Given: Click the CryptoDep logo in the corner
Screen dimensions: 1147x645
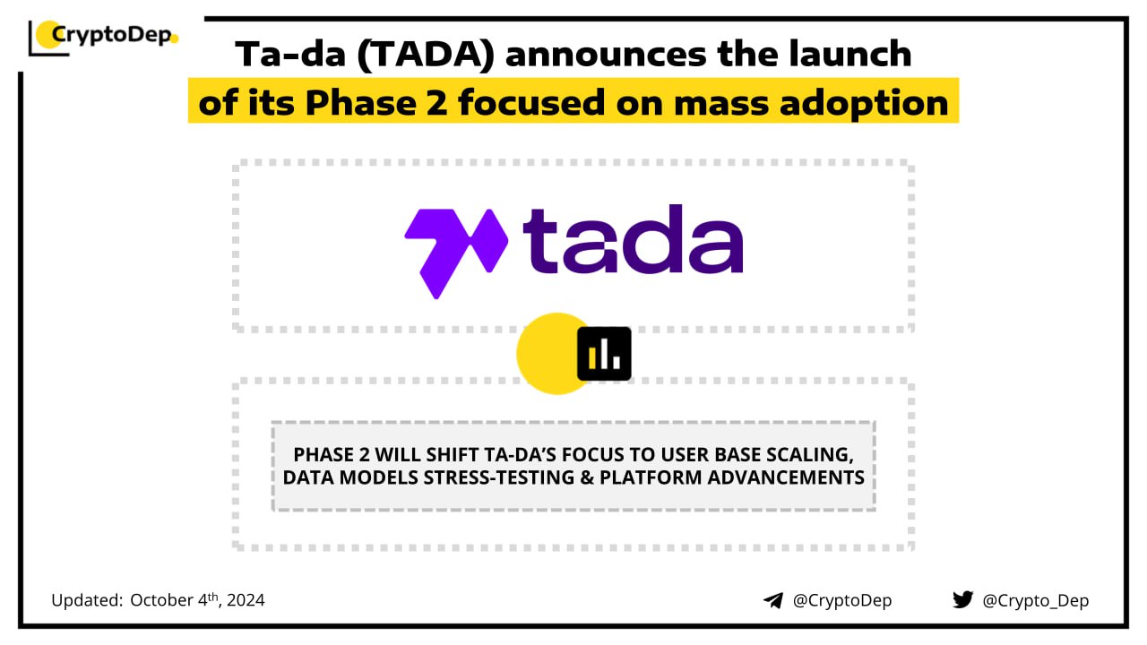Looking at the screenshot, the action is [x=103, y=37].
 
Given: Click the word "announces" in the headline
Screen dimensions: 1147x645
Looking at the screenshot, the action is [x=606, y=55].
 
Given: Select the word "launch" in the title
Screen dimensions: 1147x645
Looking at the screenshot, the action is [x=850, y=53].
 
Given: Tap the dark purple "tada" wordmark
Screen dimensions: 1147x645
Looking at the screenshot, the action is [x=633, y=239].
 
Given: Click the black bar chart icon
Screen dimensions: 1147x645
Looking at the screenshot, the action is [x=604, y=354].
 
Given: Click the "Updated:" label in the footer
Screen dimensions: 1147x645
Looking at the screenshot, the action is [x=87, y=600].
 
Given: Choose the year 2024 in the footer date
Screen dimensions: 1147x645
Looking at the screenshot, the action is [x=246, y=600].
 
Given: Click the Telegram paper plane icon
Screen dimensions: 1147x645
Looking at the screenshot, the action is [x=773, y=600].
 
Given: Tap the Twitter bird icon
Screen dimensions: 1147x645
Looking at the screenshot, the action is [x=962, y=599].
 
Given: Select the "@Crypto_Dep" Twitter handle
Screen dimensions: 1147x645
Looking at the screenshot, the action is [x=1035, y=601].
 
